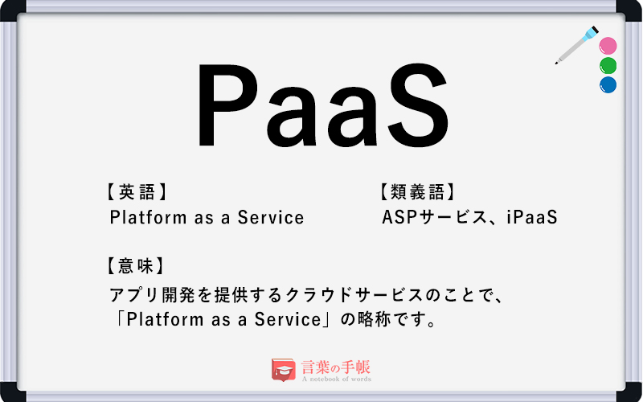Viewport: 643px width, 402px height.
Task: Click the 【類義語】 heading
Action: click(417, 192)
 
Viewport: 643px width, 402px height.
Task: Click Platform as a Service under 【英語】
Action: click(207, 217)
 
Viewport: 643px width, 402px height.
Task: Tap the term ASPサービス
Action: click(435, 217)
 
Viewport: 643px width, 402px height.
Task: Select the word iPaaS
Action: click(531, 217)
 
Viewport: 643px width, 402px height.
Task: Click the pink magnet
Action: click(608, 45)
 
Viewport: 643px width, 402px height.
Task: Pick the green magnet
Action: click(608, 65)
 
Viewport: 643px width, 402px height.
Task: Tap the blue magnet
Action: click(608, 84)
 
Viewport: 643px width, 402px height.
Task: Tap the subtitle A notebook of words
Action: click(336, 379)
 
